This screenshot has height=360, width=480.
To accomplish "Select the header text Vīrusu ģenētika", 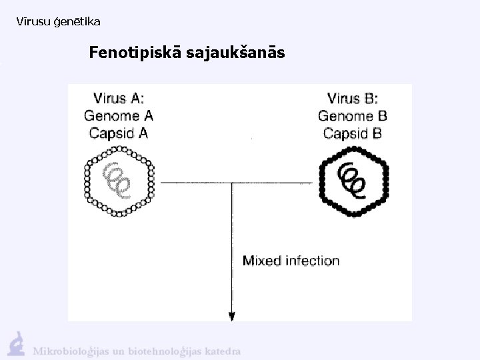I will click(58, 22).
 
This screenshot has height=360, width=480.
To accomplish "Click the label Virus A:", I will click(118, 99).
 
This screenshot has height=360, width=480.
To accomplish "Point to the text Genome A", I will click(118, 115).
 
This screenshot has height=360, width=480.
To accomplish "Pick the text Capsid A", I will click(118, 133).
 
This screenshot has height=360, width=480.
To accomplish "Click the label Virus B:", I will click(353, 99).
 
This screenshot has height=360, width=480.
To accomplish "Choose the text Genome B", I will click(353, 115).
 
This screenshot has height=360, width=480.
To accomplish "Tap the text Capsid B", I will click(353, 133).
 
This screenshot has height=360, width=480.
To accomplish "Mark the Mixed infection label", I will click(291, 261).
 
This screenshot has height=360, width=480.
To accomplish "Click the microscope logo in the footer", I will click(16, 343).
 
